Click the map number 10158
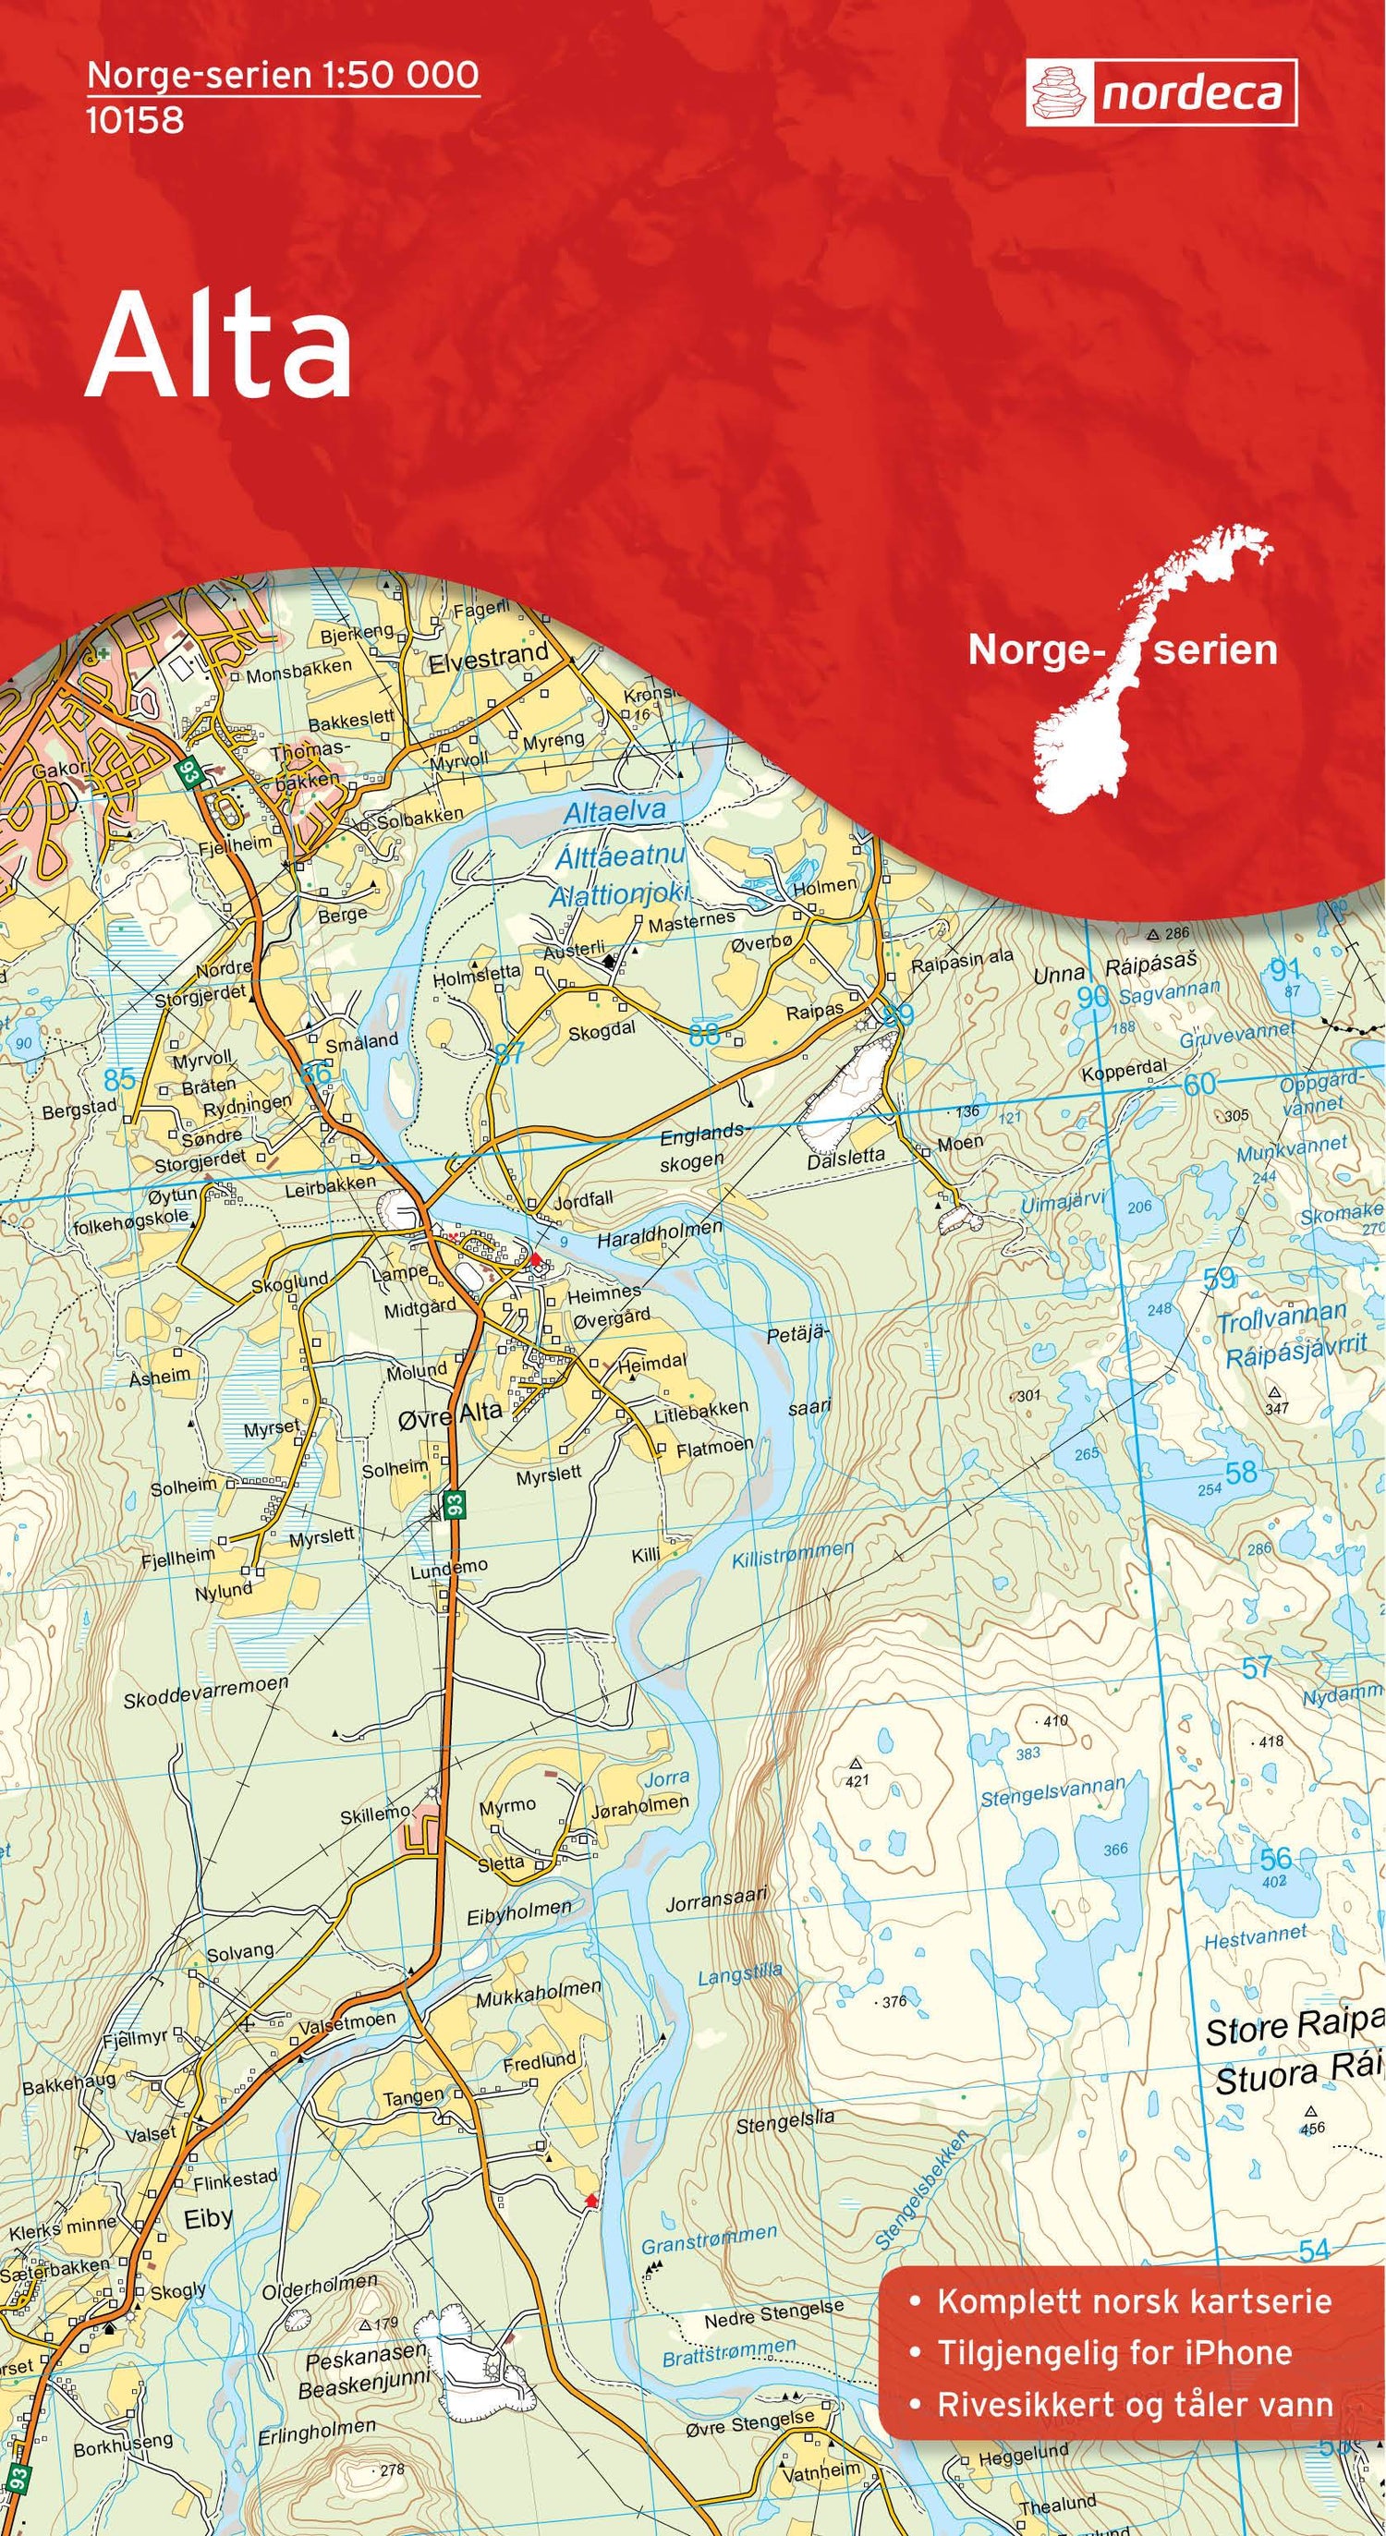[x=135, y=120]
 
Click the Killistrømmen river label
[x=793, y=1555]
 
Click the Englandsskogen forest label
[x=701, y=1147]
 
